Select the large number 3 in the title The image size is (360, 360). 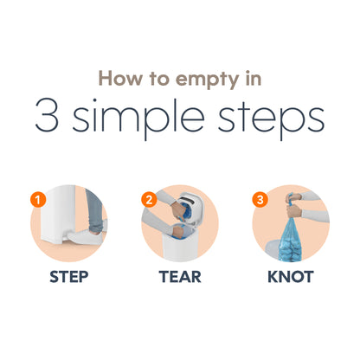point(47,115)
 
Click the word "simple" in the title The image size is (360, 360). point(138,119)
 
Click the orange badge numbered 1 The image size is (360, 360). point(38,199)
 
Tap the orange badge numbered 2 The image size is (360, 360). point(149,199)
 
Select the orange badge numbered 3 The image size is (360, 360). point(260,199)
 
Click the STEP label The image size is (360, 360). point(69,277)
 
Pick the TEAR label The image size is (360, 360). point(180,277)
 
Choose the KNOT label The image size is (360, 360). point(291,277)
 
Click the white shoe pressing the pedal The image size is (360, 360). point(85,236)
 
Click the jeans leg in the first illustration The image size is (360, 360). point(95,209)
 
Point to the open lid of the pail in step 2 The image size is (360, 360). point(191,204)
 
